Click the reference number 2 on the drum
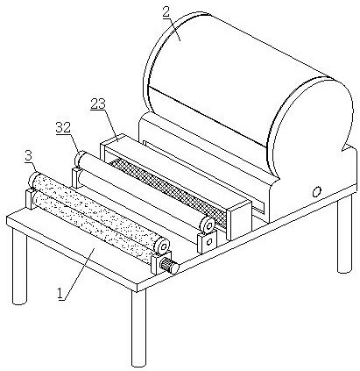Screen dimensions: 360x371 [166, 13]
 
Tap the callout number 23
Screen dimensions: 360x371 [98, 103]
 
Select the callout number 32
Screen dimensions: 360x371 [63, 128]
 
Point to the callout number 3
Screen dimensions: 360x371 [28, 156]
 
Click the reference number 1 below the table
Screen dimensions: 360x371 [60, 293]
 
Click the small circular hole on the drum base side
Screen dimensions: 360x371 [316, 192]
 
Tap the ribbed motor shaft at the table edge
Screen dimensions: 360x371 [168, 266]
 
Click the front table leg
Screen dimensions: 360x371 [138, 327]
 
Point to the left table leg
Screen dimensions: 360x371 [19, 266]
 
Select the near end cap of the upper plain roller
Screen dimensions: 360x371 [208, 224]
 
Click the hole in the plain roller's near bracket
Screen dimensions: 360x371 [209, 241]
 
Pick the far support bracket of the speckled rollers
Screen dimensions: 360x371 [30, 198]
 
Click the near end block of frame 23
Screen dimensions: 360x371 [238, 219]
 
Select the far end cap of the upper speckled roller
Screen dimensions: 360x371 [33, 179]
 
